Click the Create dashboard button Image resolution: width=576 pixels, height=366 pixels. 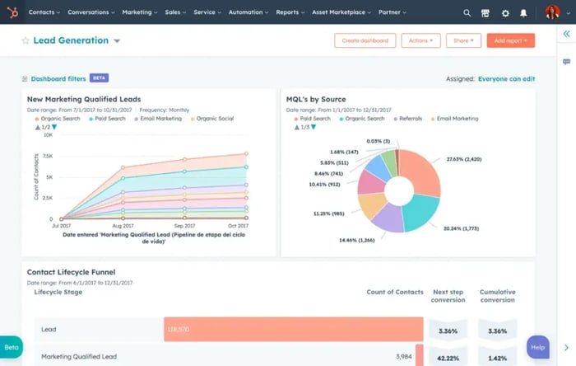[365, 40]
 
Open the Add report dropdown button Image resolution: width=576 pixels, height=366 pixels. [510, 40]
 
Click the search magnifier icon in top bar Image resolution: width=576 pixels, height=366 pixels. [467, 13]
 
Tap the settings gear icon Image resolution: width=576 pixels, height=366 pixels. [505, 13]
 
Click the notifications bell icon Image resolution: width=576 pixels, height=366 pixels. [523, 13]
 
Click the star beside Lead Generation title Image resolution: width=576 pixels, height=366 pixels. [26, 40]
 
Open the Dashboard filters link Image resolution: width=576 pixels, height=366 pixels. [58, 78]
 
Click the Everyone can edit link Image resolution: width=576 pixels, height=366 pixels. [506, 79]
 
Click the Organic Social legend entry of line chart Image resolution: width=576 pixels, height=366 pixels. [216, 119]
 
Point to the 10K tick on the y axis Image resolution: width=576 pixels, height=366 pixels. [49, 134]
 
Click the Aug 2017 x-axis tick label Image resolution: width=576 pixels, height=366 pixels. [123, 225]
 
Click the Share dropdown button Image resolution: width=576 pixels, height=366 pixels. [463, 40]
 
